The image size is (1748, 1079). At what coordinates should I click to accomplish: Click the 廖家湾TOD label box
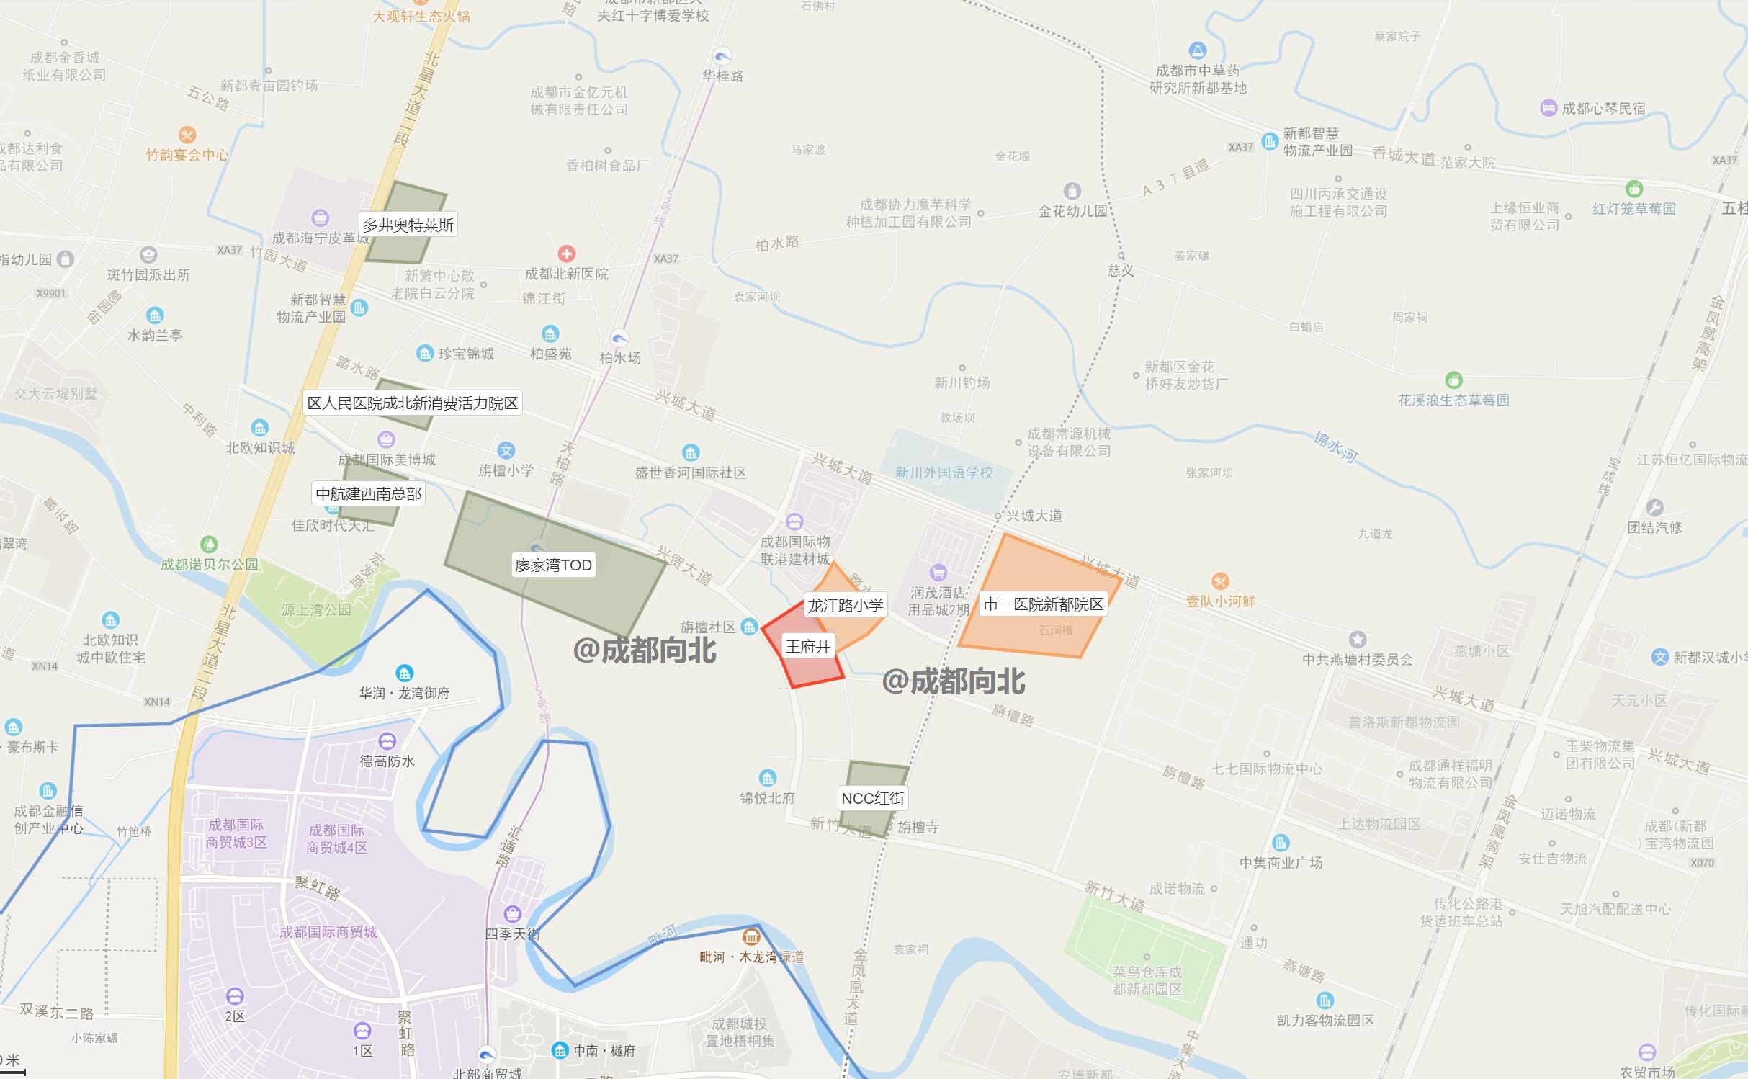pos(553,565)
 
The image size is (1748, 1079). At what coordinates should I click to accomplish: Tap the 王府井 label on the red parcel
pos(808,646)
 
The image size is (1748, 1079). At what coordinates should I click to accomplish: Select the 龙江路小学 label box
pos(845,605)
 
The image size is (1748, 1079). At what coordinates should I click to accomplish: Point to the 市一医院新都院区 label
pos(1043,604)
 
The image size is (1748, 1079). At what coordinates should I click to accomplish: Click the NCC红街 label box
pos(873,798)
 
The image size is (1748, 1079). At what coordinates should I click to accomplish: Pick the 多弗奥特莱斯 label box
pos(408,225)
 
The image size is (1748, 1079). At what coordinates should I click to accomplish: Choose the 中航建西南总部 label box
pos(369,493)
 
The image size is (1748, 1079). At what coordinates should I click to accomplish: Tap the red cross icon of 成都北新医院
pos(567,254)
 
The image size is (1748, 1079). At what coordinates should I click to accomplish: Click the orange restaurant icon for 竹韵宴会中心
pos(187,135)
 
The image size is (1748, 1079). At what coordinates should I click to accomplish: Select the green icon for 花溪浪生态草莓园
pos(1453,380)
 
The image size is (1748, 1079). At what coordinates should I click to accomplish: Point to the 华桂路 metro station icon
pos(722,56)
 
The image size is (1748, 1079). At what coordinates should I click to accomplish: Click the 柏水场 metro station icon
pos(619,338)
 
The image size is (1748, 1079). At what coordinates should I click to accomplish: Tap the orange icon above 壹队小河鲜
pos(1220,581)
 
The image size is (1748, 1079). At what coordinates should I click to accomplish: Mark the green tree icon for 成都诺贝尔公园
pos(209,544)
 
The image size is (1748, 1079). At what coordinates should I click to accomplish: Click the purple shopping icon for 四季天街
pos(512,914)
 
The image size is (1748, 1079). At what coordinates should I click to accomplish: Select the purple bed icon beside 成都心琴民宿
pos(1548,108)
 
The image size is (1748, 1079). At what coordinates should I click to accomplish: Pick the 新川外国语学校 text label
pos(944,473)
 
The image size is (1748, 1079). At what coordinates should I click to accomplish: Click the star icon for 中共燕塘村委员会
pos(1358,639)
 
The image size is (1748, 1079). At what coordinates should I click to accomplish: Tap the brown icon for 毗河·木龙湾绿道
pos(751,936)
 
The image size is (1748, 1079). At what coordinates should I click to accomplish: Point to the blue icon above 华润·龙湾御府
pos(404,673)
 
